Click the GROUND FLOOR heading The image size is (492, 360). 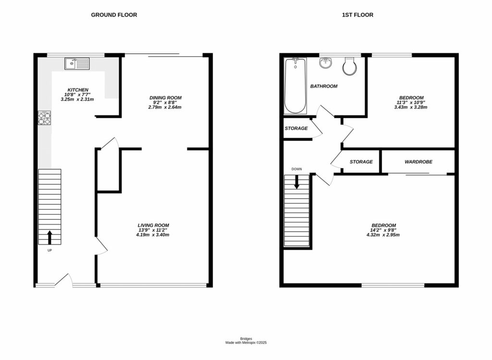pos(114,15)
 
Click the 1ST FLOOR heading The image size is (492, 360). pos(357,15)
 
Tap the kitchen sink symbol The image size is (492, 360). pos(77,63)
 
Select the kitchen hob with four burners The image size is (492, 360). pos(44,118)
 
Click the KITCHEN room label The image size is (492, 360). pos(77,90)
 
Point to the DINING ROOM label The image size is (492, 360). pos(165,98)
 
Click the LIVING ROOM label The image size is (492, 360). pos(153,225)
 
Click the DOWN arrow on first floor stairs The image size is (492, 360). pos(296,181)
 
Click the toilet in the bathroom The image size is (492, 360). pos(349,67)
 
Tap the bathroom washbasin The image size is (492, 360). pos(326,63)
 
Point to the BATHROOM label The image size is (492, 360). pos(323,87)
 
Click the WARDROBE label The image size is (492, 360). pos(418,162)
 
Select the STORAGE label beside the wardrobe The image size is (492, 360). pos(361,162)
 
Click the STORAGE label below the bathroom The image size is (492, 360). pos(296,128)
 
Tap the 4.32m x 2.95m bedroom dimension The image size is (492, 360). pos(383,235)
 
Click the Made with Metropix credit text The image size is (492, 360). pos(246,343)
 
